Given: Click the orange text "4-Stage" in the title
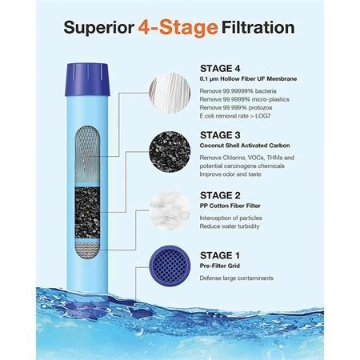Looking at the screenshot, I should coord(180,30).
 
